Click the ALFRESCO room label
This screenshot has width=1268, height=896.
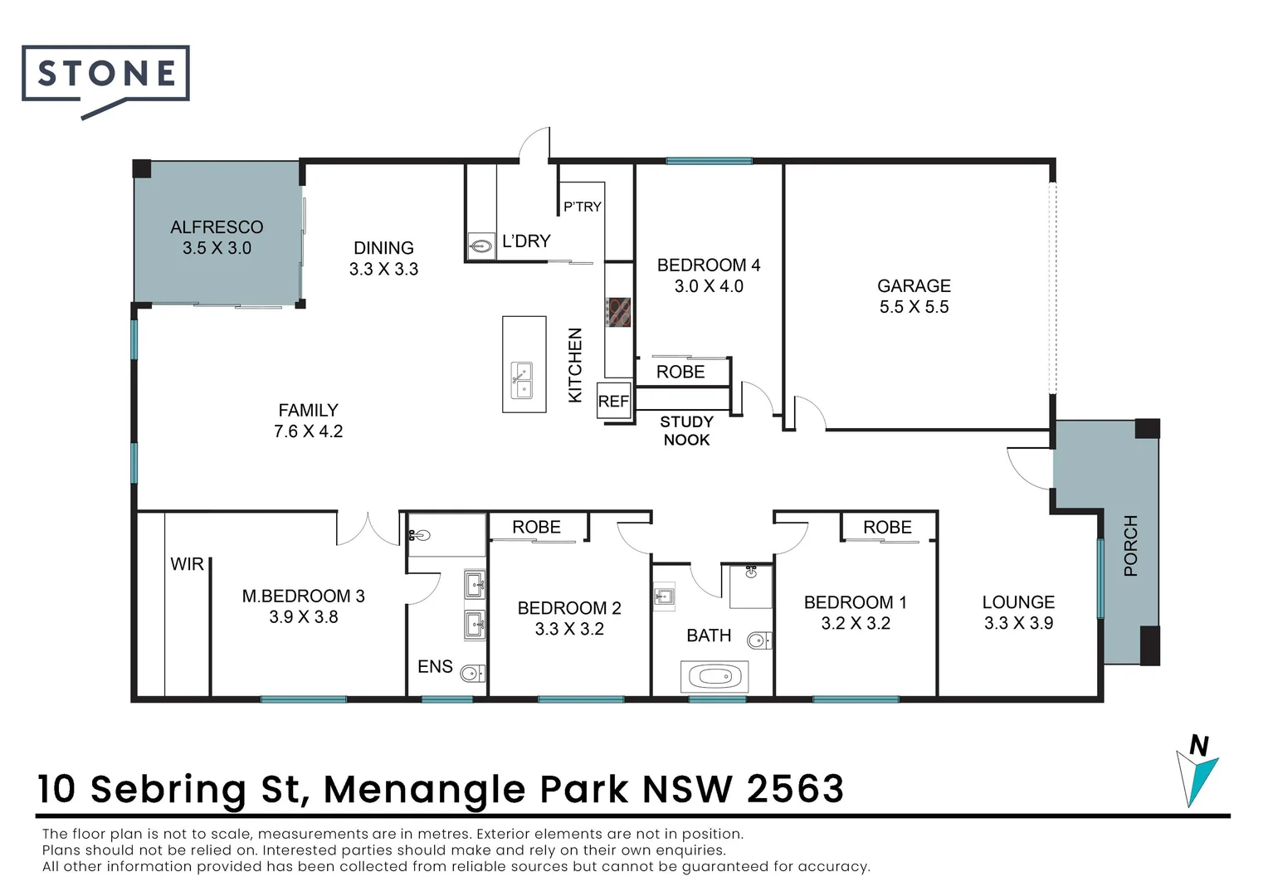click(x=217, y=227)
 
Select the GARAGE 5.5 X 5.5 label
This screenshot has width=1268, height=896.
click(x=914, y=296)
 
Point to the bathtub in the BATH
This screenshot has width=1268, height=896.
click(x=714, y=677)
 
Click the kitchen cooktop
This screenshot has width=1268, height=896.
click(x=619, y=313)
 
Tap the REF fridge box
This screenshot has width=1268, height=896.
click(x=613, y=402)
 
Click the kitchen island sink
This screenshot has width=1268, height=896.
click(x=521, y=380)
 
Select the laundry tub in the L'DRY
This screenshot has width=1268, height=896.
click(x=480, y=246)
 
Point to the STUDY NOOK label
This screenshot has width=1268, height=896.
click(x=686, y=431)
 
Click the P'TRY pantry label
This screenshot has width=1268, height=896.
click(x=582, y=207)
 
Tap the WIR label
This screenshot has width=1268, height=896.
click(x=187, y=564)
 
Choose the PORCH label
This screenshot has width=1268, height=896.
click(x=1130, y=545)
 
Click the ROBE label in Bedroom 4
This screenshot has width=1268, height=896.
click(x=680, y=372)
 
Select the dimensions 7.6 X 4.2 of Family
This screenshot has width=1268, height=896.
click(x=308, y=431)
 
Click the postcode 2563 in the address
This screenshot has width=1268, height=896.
click(x=795, y=789)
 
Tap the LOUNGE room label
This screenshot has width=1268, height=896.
click(x=1018, y=602)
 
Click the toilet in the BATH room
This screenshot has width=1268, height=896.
click(x=758, y=640)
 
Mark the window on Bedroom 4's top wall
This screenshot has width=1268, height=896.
click(x=709, y=161)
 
